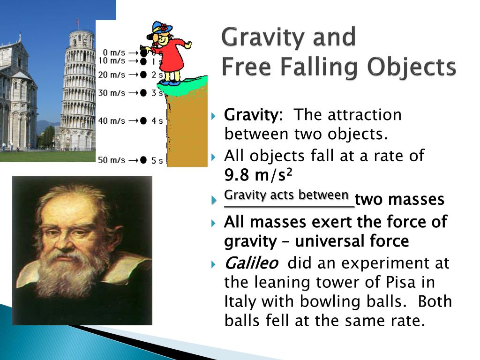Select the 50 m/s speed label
[111, 160]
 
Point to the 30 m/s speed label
[111, 93]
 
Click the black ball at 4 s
[143, 121]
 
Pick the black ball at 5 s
[143, 160]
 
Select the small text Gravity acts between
[286, 195]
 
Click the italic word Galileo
[251, 263]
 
